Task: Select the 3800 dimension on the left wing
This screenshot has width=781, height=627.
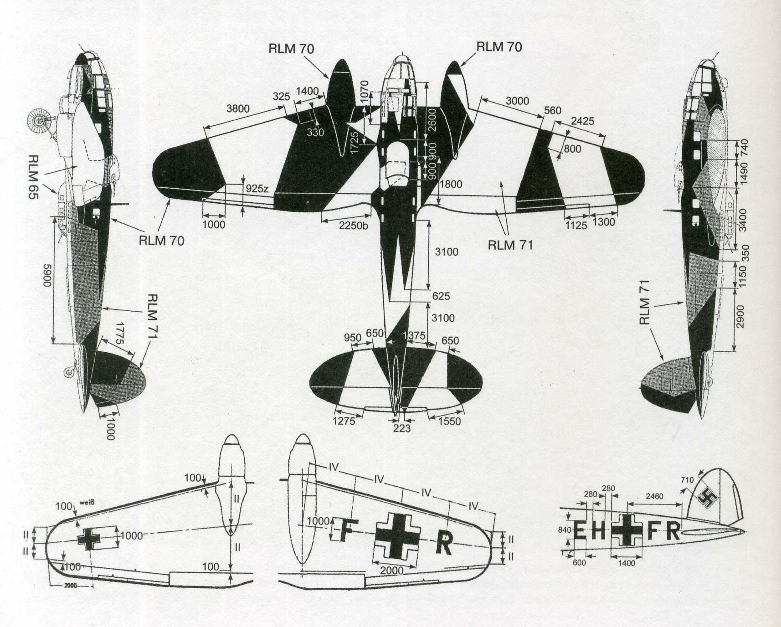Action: point(238,108)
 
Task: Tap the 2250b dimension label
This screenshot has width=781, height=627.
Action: point(354,225)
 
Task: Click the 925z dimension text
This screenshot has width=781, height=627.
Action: point(257,189)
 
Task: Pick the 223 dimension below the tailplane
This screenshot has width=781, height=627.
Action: point(401,428)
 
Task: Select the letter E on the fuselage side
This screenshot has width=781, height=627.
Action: point(580,530)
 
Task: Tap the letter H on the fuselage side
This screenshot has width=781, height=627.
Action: point(599,530)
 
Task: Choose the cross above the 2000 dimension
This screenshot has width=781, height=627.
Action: point(397,535)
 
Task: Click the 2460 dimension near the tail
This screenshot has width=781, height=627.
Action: point(654,496)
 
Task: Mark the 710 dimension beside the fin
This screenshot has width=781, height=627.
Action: point(687,480)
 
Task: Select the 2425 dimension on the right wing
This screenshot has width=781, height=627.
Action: point(582,121)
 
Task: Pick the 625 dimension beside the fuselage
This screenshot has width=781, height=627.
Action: point(441,296)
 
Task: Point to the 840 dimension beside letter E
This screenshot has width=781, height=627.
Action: point(565,530)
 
